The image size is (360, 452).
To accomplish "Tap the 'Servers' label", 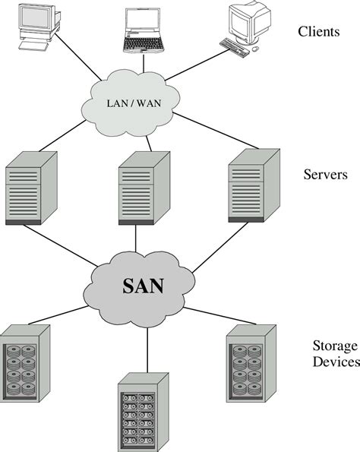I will tap(325, 175).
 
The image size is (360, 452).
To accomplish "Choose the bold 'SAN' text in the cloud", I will tap(143, 286).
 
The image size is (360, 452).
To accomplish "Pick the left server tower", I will tap(31, 187).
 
